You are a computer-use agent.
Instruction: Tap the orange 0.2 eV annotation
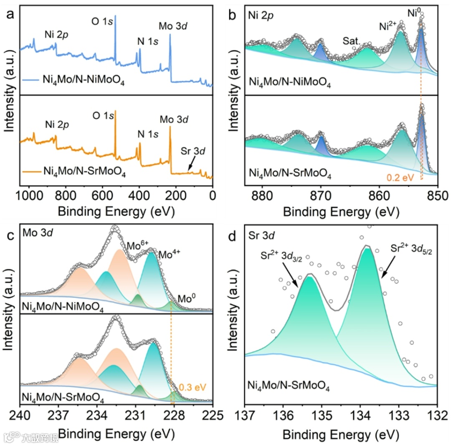[x=400, y=177]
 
